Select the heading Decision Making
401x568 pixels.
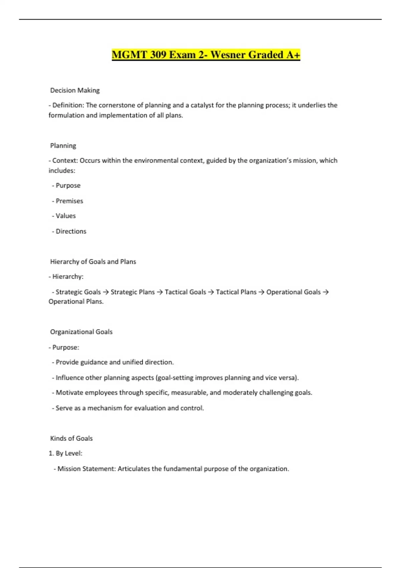point(75,90)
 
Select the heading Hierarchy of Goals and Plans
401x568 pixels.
point(93,262)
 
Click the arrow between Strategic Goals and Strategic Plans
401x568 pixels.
point(106,292)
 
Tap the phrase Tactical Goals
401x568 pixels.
point(185,292)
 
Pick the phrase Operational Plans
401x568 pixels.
point(76,301)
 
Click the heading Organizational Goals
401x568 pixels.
point(81,332)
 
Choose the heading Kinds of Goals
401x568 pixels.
point(71,438)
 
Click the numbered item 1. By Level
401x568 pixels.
point(65,453)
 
